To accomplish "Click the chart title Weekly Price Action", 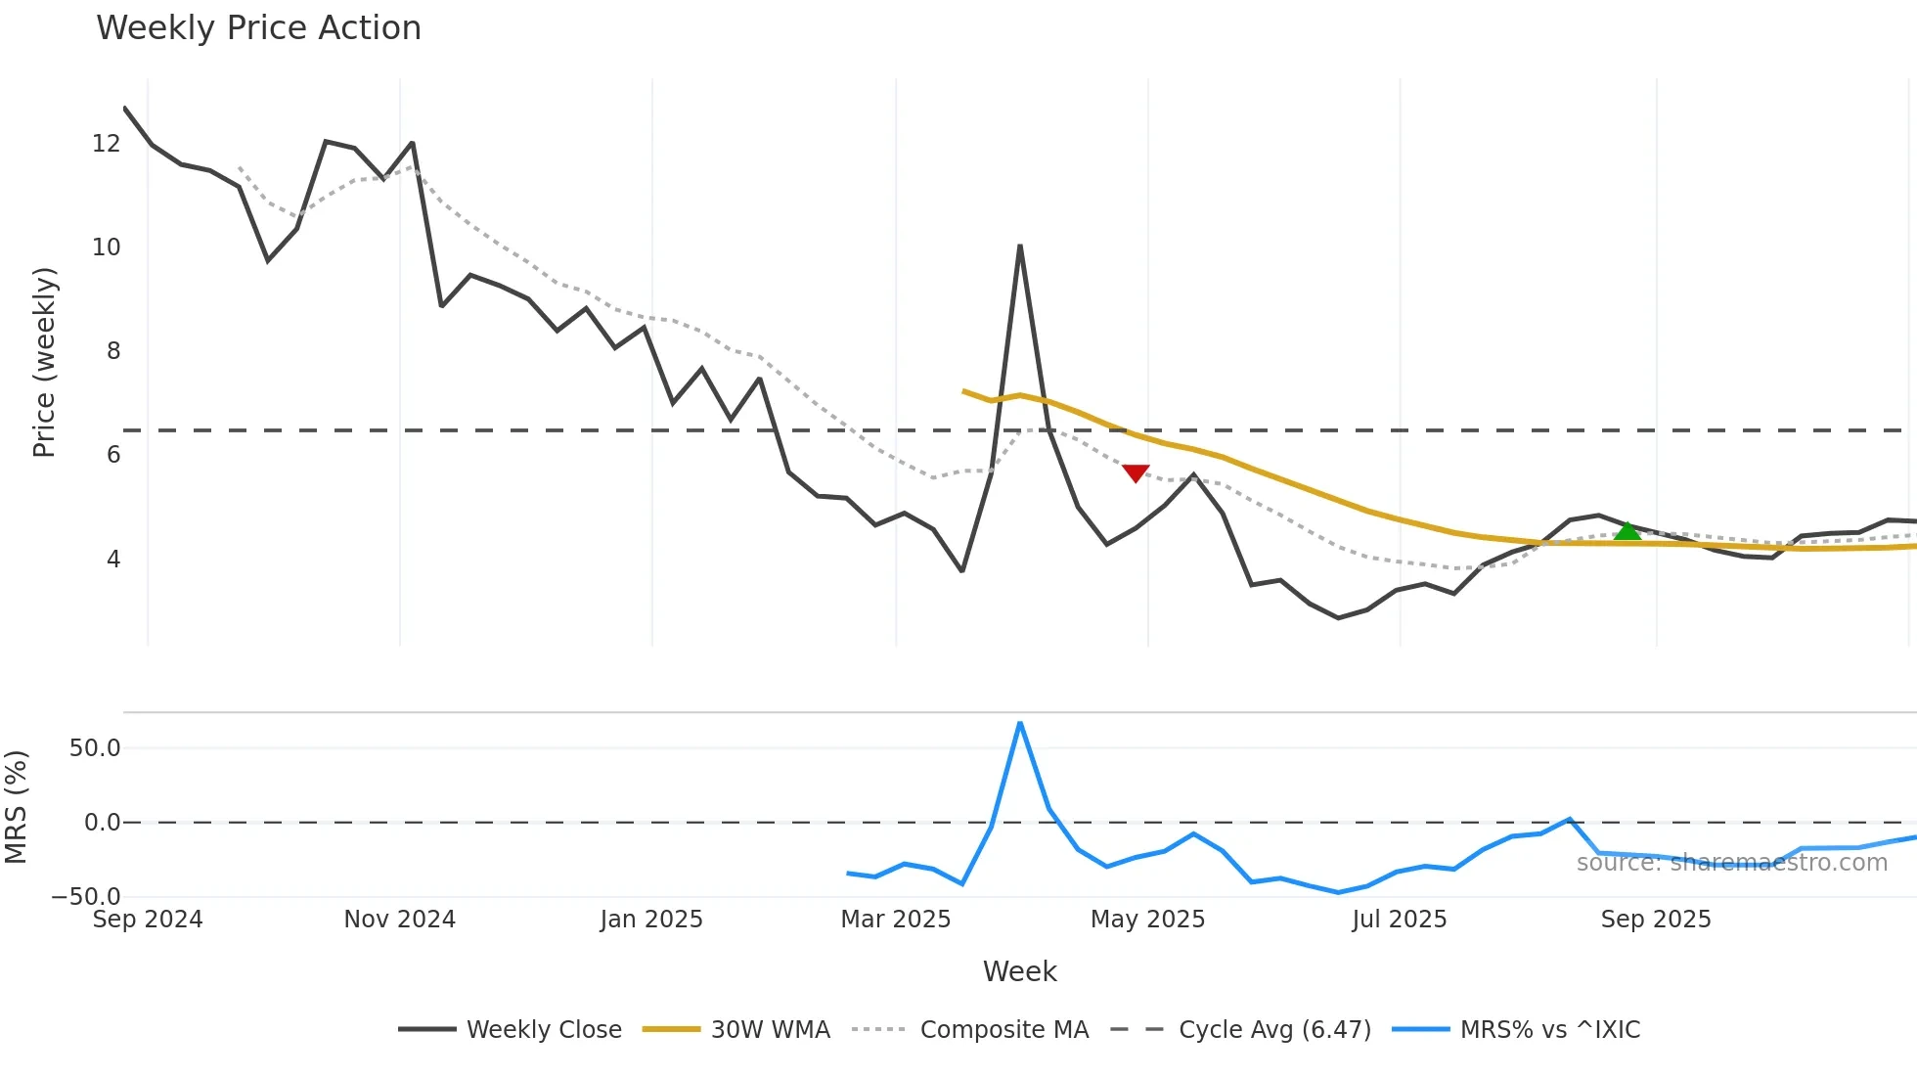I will pyautogui.click(x=258, y=28).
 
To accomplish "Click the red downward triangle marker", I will pyautogui.click(x=1136, y=473).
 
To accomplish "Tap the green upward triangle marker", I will pyautogui.click(x=1627, y=531).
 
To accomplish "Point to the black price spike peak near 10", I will pyautogui.click(x=1020, y=247).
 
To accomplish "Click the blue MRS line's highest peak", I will pyautogui.click(x=1020, y=724).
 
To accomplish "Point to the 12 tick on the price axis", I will pyautogui.click(x=106, y=144).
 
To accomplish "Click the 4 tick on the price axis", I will pyautogui.click(x=113, y=560).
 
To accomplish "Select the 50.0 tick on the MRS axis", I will pyautogui.click(x=95, y=748).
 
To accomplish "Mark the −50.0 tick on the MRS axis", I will pyautogui.click(x=86, y=896).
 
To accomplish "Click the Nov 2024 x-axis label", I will pyautogui.click(x=399, y=920).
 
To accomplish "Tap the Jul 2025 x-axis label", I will pyautogui.click(x=1399, y=920).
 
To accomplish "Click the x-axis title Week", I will pyautogui.click(x=1019, y=971).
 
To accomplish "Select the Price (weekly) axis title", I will pyautogui.click(x=44, y=362).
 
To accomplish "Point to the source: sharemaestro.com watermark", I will pyautogui.click(x=1731, y=863).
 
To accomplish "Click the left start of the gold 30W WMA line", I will pyautogui.click(x=964, y=391).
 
